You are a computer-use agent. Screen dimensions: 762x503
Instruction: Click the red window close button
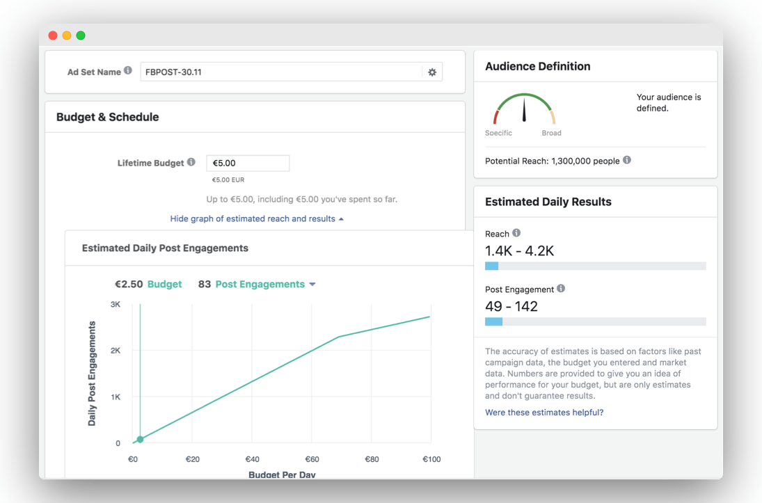(53, 35)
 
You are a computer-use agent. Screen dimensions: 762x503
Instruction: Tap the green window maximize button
(81, 35)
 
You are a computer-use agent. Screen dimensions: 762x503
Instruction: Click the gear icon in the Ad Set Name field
(432, 72)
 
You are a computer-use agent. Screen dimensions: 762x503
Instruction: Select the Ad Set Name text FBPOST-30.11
(173, 72)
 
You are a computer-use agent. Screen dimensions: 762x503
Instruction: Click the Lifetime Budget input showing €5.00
(248, 163)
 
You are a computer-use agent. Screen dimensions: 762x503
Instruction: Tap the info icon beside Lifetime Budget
(191, 162)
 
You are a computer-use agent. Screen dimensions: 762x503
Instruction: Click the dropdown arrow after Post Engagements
(312, 285)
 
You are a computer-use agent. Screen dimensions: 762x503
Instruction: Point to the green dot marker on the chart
(140, 439)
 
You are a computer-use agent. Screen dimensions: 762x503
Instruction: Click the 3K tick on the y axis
(116, 304)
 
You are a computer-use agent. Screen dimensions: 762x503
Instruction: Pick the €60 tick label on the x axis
(312, 459)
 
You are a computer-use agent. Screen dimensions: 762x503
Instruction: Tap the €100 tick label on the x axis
(431, 459)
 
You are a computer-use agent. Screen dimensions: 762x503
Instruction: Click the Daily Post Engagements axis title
(92, 373)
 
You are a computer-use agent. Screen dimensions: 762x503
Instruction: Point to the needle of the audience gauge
(524, 109)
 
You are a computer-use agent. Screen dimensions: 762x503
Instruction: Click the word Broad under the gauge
(552, 133)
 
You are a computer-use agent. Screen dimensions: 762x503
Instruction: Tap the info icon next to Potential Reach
(627, 160)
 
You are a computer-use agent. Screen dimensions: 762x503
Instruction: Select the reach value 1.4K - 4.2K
(520, 250)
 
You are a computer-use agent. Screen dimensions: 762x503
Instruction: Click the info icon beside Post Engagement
(561, 289)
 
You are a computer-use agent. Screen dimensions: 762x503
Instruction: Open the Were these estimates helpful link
(544, 413)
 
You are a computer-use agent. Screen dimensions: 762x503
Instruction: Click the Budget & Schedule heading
(107, 117)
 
